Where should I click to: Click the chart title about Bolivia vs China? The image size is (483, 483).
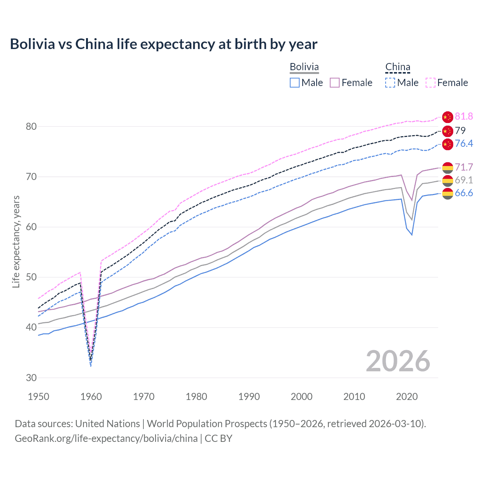click(x=163, y=44)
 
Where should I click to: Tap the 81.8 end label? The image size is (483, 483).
click(x=464, y=116)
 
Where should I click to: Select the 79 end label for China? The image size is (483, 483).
click(x=460, y=131)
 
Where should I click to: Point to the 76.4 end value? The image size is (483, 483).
click(x=464, y=143)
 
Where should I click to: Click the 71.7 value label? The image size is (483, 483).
click(x=464, y=167)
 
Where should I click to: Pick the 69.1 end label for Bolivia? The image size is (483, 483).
click(x=464, y=180)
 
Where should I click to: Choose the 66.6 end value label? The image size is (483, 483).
click(x=464, y=193)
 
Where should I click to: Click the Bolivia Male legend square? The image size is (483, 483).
click(x=295, y=83)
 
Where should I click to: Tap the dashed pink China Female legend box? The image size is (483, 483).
click(x=430, y=83)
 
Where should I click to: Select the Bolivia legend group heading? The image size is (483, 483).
click(x=304, y=67)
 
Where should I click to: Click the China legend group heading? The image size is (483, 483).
click(x=398, y=67)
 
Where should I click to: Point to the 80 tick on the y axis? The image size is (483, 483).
click(x=31, y=126)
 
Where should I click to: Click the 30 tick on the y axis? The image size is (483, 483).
click(x=31, y=378)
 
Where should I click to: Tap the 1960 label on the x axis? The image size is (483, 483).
click(x=91, y=397)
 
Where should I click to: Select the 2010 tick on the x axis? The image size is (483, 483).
click(x=354, y=397)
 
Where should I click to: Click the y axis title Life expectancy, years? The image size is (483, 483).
click(x=16, y=241)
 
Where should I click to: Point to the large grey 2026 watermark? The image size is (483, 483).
click(x=398, y=361)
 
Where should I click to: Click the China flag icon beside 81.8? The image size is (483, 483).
click(x=447, y=117)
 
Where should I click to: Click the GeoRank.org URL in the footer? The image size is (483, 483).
click(x=106, y=438)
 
